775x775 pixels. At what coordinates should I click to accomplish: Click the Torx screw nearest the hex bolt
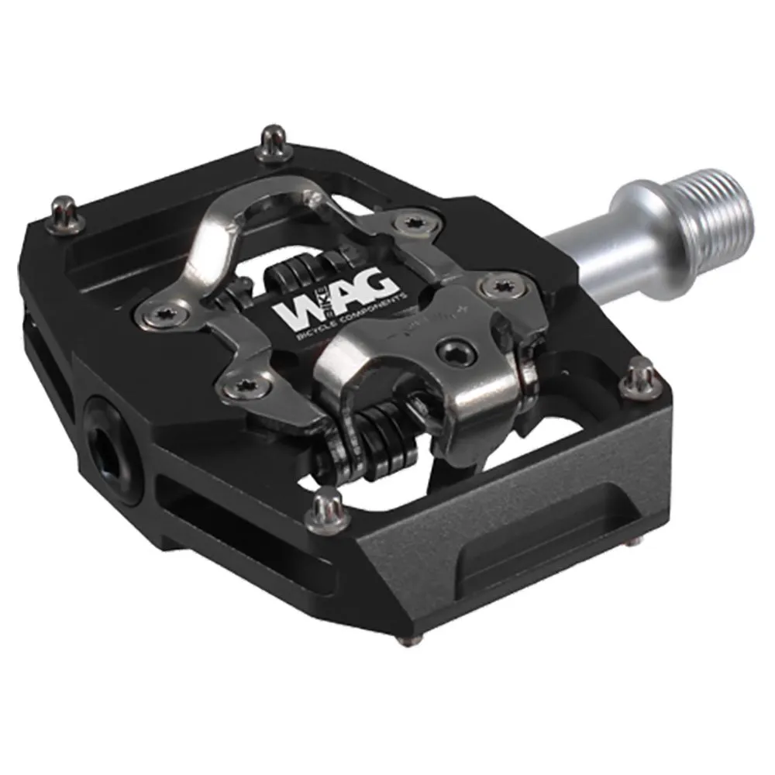[494, 288]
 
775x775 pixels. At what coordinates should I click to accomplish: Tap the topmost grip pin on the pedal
[272, 140]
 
